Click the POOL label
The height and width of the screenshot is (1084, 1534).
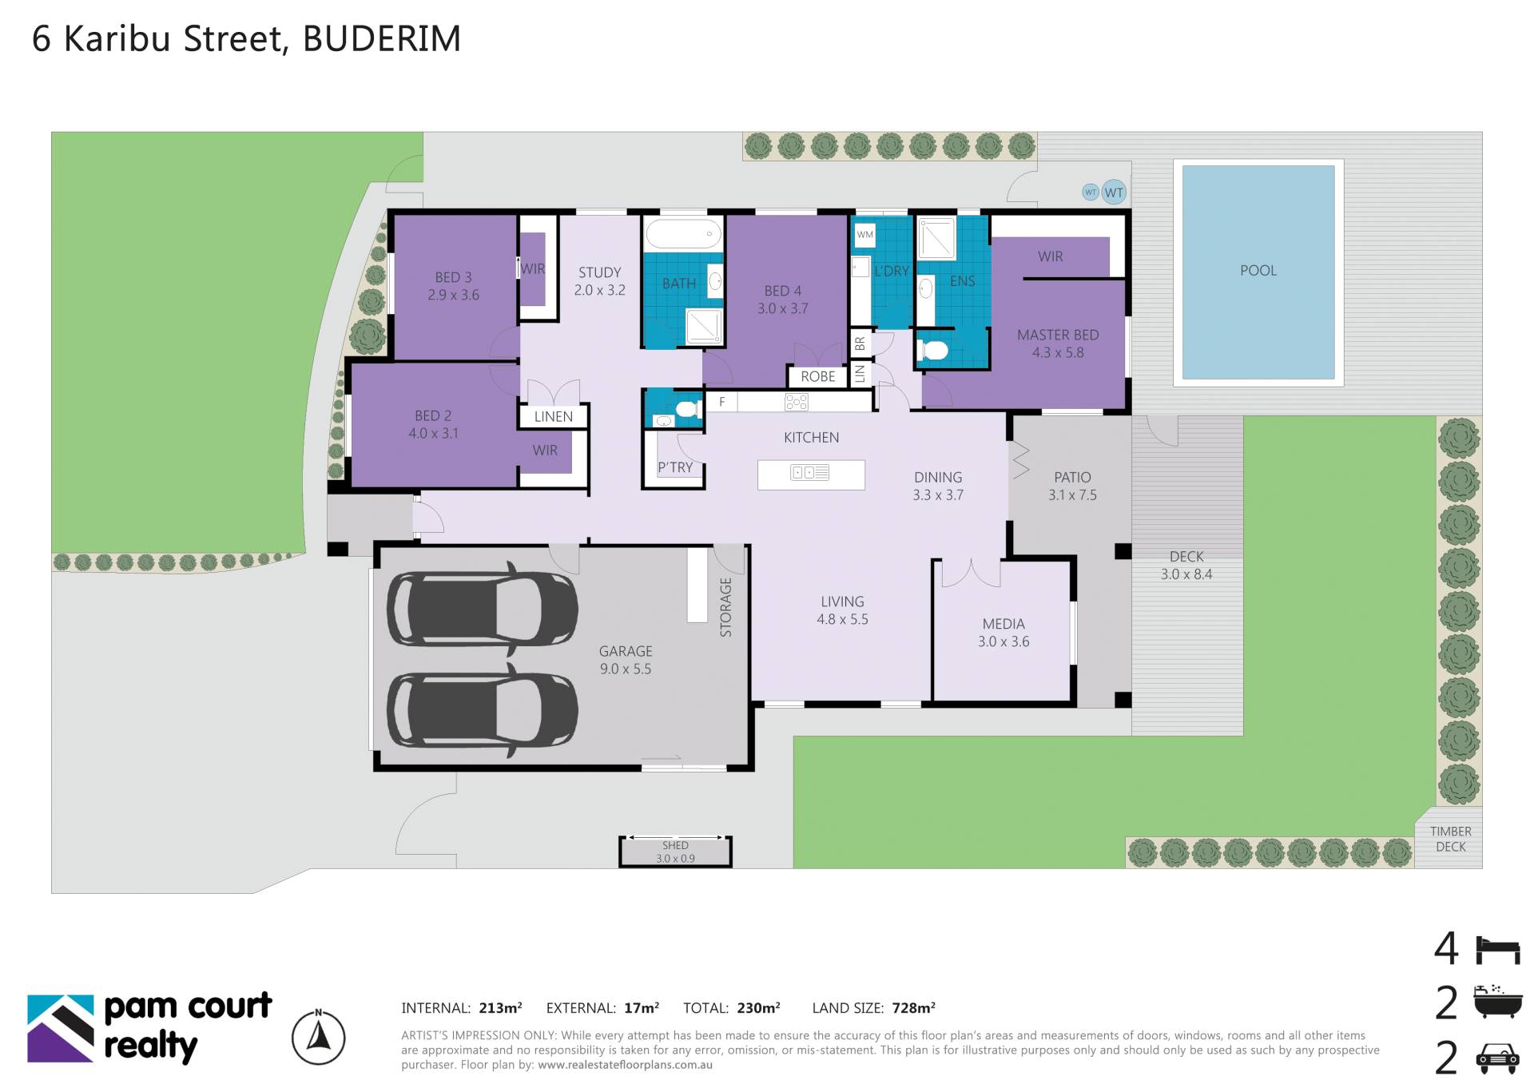coord(1258,271)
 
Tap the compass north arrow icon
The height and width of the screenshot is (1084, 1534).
coord(319,1037)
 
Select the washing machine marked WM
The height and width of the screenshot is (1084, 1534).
coord(865,235)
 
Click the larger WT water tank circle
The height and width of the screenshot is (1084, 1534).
coord(1114,192)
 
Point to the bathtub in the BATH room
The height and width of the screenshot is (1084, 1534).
coord(683,234)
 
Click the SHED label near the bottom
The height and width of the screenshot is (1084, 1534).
coord(675,845)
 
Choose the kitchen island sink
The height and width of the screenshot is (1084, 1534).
coord(809,473)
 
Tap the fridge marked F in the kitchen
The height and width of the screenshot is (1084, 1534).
coord(721,402)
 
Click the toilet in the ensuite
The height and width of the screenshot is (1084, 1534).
coord(932,350)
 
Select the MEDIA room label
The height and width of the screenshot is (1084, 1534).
coord(1003,624)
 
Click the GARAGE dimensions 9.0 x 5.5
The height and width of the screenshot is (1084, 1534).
coord(626,669)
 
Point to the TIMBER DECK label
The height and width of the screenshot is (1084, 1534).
coord(1451,839)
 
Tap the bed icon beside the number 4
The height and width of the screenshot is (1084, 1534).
coord(1497,950)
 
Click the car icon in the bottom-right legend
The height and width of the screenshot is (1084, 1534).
coord(1497,1058)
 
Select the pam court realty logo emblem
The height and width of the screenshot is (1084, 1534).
coord(61,1028)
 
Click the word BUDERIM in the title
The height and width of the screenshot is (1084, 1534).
coord(382,38)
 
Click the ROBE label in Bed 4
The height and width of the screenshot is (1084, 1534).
coord(818,376)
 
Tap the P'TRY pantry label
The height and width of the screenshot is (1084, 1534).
coord(675,467)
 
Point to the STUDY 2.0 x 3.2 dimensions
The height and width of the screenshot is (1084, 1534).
coord(599,290)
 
